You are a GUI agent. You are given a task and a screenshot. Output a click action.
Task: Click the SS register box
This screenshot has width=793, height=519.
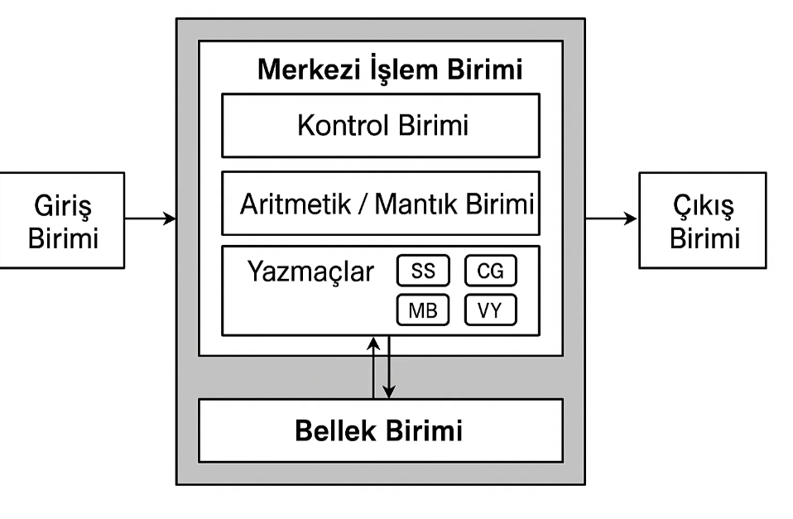pos(423,271)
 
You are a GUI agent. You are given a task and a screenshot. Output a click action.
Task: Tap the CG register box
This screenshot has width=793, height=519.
pos(490,271)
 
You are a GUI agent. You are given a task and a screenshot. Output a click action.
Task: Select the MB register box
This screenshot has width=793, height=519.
pos(423,310)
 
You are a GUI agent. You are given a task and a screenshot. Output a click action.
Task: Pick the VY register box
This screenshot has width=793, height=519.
pos(490,310)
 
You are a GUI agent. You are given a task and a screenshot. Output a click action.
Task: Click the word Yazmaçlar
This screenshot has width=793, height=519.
pos(310,272)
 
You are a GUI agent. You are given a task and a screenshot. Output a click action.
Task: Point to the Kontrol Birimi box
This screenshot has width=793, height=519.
pos(381,125)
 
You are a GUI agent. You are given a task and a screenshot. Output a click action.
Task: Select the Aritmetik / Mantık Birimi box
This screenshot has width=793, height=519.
pos(381,204)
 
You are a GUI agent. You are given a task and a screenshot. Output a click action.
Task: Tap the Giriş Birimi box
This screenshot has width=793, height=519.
pos(63,219)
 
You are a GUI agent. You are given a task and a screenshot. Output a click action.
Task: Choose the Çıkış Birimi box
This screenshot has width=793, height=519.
pos(703,219)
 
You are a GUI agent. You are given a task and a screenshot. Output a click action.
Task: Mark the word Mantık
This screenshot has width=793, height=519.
pos(416,204)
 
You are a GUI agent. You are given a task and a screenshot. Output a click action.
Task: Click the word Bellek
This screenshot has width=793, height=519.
pos(334,430)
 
